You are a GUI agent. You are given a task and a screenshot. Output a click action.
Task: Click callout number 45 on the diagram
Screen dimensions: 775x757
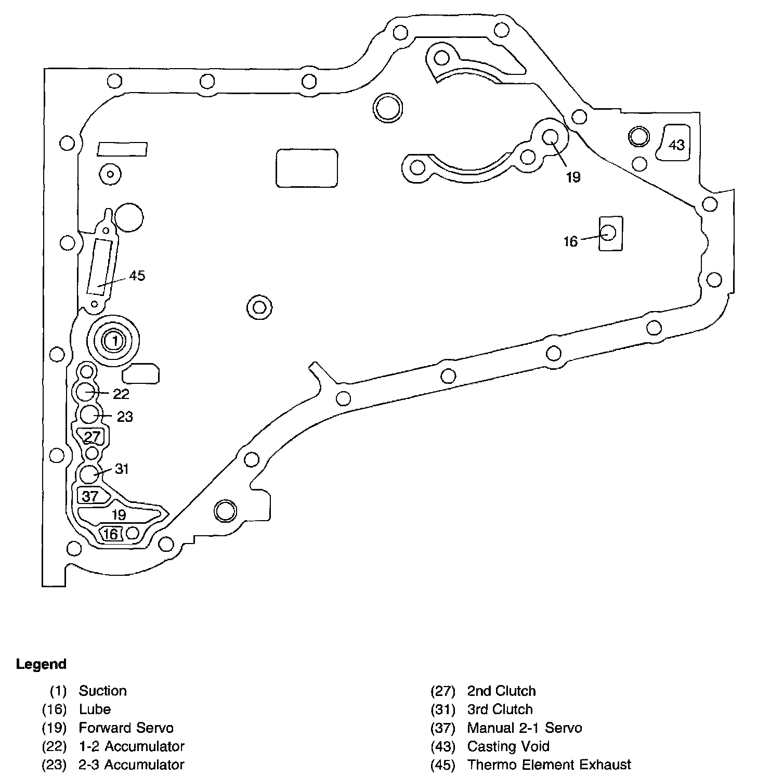137,276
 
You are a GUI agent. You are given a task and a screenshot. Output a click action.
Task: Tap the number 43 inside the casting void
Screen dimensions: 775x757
676,144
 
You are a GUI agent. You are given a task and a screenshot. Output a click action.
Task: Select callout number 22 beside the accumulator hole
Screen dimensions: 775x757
121,394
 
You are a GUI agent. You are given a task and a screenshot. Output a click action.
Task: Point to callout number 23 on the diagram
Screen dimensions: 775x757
125,417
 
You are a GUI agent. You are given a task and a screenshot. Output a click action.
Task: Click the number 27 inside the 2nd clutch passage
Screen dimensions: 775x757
92,436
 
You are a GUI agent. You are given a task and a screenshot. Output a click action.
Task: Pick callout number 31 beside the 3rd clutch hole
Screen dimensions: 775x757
122,469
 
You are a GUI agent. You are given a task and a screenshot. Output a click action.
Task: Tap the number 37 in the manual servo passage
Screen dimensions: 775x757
90,496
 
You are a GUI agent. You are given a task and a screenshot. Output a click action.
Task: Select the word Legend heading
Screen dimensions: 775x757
41,664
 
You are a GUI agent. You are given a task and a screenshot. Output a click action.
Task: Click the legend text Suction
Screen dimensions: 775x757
103,691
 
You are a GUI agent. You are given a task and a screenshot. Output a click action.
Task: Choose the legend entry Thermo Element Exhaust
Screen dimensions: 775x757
549,765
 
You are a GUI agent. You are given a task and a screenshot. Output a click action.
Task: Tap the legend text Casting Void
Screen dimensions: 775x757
508,746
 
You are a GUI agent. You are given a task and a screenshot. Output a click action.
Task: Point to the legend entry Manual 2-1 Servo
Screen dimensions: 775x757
524,728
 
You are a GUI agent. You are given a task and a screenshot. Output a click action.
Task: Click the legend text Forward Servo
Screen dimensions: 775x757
126,728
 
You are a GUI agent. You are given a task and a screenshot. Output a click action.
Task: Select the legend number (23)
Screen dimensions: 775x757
54,765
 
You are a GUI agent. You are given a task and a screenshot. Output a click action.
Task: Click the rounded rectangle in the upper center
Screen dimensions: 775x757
307,168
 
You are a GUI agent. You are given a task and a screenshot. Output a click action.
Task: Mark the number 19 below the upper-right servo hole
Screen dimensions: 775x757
573,177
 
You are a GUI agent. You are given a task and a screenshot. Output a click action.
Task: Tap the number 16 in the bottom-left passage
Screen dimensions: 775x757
111,534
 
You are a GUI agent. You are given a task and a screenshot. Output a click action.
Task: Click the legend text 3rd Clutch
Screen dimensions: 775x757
500,709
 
